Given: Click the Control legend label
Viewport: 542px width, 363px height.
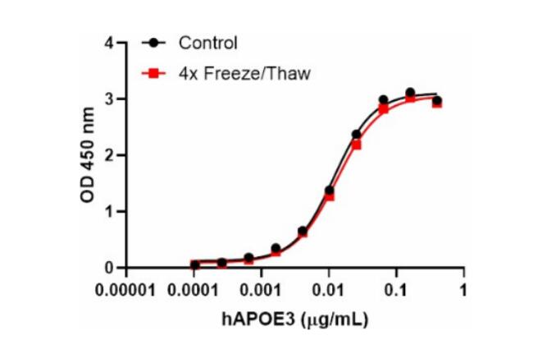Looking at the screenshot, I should [208, 43].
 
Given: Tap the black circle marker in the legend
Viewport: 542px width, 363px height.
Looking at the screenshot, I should [153, 43].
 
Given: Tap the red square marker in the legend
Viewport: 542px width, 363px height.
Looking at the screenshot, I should [153, 73].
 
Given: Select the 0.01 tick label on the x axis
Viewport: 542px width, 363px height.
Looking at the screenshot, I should [329, 291].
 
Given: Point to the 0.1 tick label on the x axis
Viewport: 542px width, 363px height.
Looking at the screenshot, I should [396, 291].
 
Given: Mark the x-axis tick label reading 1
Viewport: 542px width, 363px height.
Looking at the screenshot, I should [463, 291].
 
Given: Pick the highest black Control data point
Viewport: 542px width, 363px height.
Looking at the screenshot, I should [410, 93].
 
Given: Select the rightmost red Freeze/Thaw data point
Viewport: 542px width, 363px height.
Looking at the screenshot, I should [437, 103].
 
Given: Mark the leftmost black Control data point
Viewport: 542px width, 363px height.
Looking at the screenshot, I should [195, 264].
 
